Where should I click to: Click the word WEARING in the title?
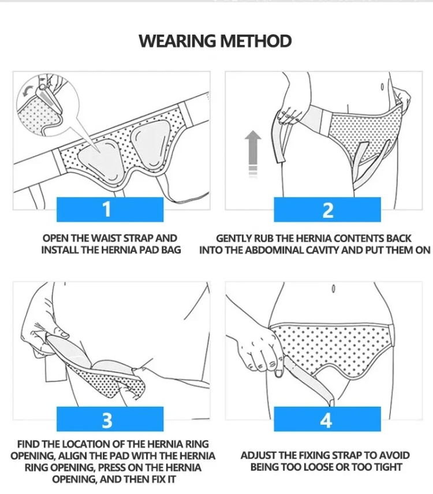coord(177,41)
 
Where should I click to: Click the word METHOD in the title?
coord(255,41)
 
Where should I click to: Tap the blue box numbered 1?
coord(110,210)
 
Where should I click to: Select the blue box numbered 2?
coord(327,210)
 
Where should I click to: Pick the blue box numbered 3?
coord(110,419)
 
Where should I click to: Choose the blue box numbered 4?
coord(327,419)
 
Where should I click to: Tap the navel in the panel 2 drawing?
coord(382,86)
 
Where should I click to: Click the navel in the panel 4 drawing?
coord(334,288)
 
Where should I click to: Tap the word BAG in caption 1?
coord(171,250)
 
